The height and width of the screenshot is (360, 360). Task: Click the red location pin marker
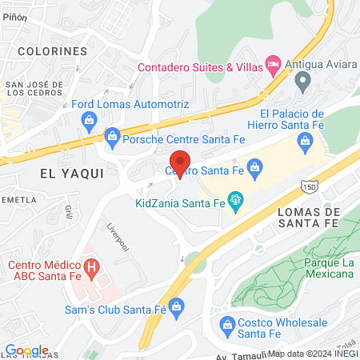point(180,164)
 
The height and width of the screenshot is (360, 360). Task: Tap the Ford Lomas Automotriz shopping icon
point(89,120)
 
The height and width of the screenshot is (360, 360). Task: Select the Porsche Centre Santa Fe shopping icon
point(111,137)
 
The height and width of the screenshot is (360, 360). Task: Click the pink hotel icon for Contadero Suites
point(273,62)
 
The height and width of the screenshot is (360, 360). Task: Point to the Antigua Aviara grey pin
point(303,79)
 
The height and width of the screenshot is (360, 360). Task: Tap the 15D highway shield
point(310,186)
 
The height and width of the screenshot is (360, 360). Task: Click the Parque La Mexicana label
point(329,268)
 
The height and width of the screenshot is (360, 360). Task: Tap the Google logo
point(26,350)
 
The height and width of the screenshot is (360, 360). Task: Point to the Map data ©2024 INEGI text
point(313,354)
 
